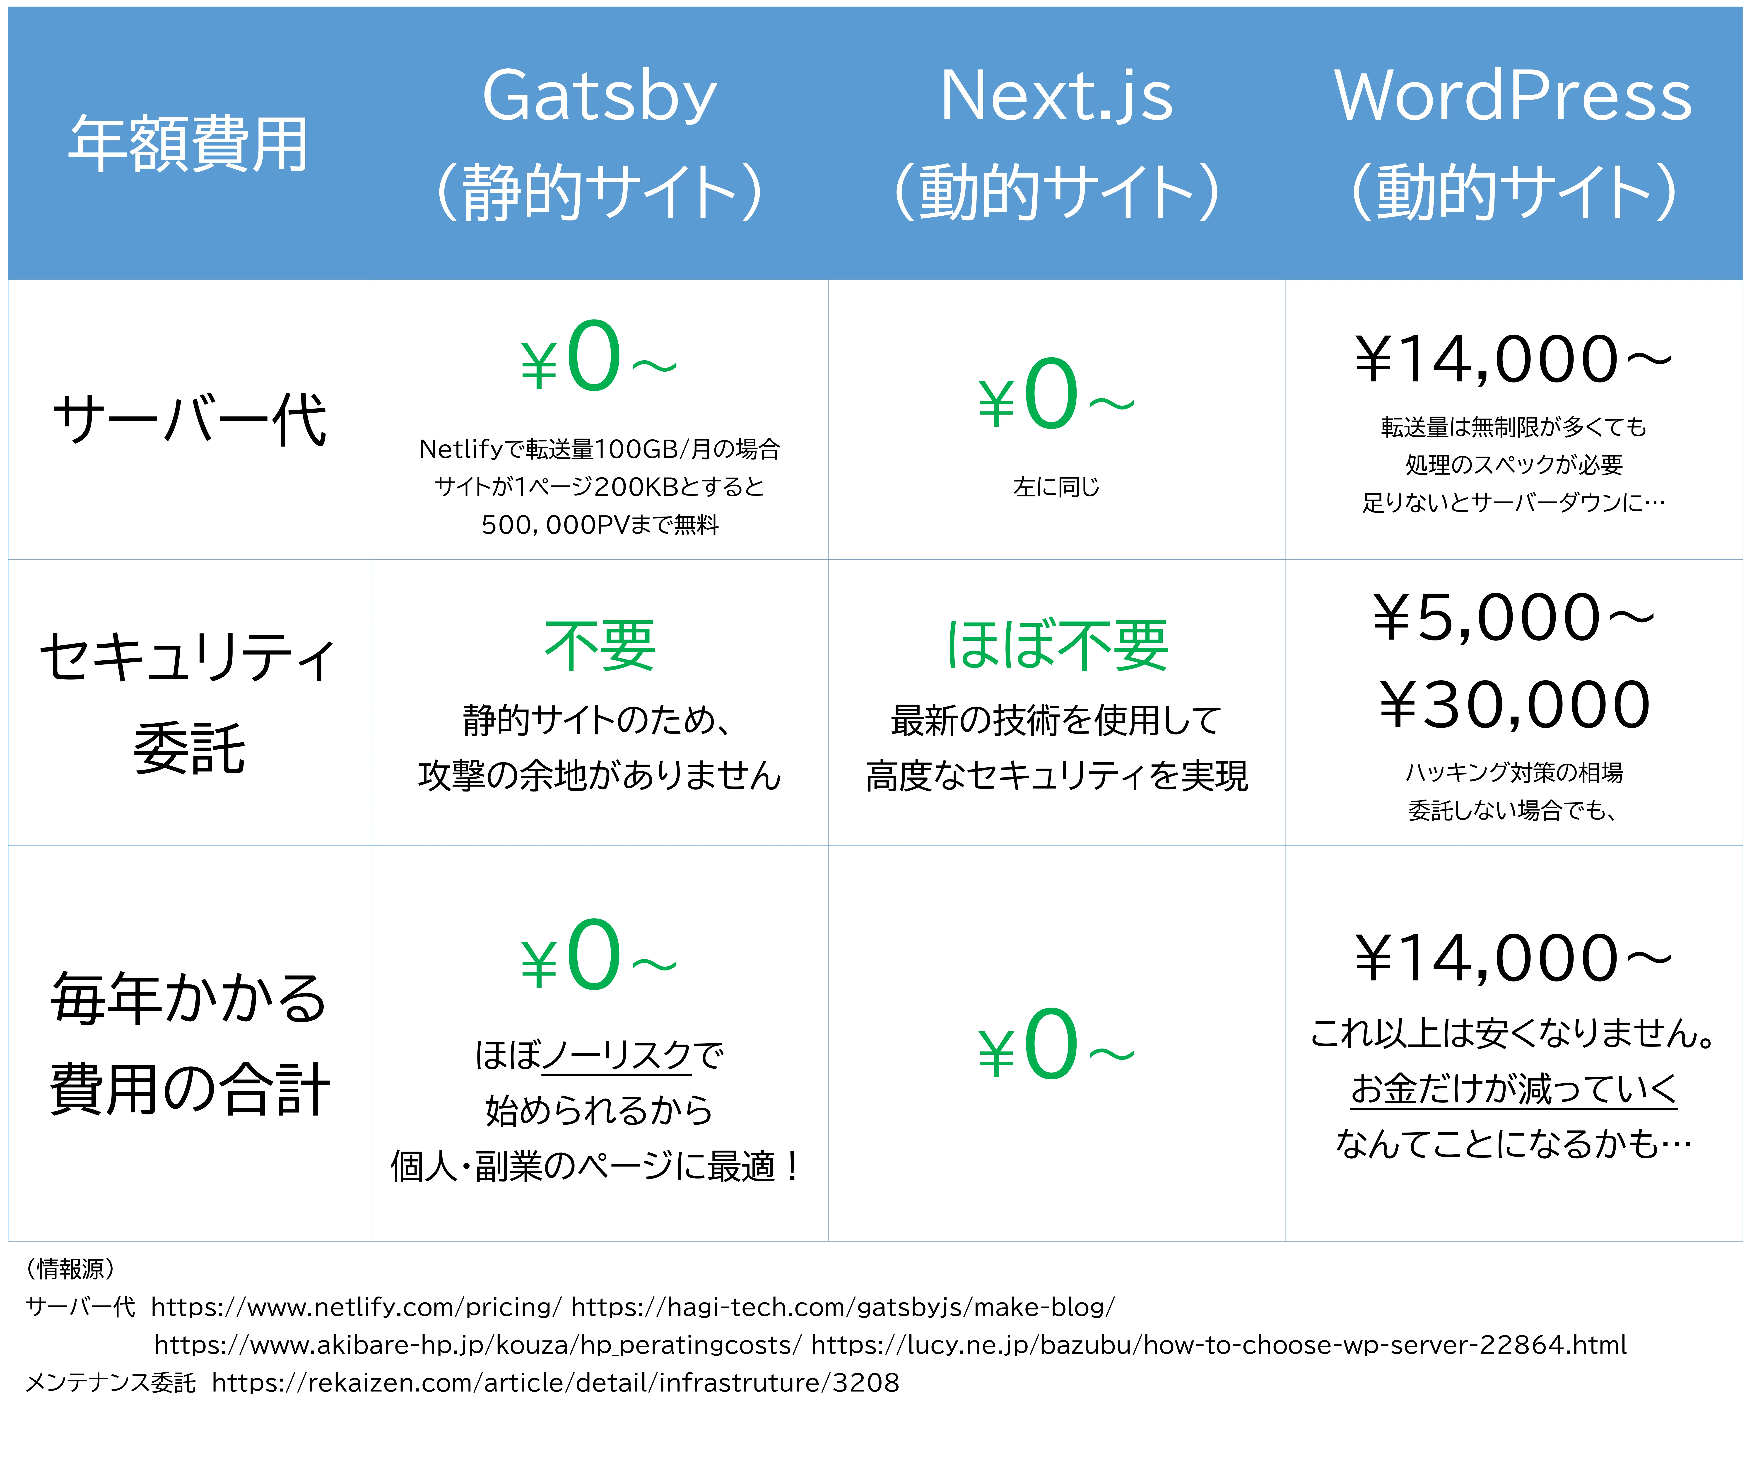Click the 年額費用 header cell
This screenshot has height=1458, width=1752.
click(x=188, y=143)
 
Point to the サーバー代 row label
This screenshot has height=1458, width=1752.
click(x=188, y=420)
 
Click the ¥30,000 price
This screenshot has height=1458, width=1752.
click(x=1513, y=705)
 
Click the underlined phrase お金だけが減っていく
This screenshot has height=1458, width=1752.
click(x=1513, y=1088)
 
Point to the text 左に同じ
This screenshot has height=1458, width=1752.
click(x=1056, y=486)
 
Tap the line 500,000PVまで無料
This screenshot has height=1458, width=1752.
click(x=599, y=525)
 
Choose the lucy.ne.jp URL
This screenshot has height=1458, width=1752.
click(x=1218, y=1345)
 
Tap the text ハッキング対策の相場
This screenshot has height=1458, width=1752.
click(x=1513, y=772)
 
